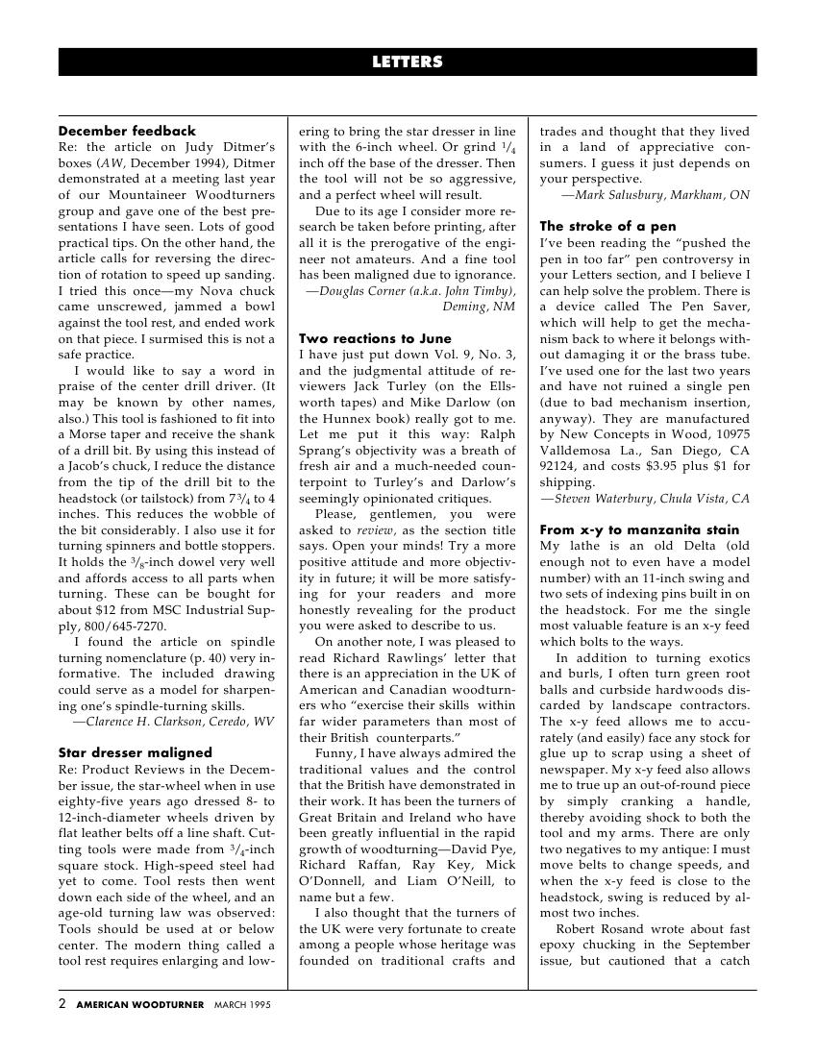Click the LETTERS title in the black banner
click(x=408, y=62)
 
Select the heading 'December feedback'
click(x=127, y=131)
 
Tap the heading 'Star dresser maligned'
click(x=135, y=752)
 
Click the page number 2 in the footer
click(x=62, y=1004)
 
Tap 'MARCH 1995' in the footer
click(x=242, y=1005)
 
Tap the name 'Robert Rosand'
click(x=598, y=928)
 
